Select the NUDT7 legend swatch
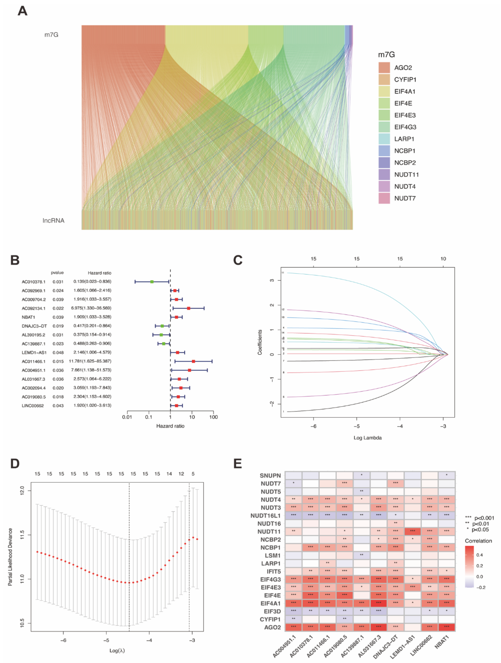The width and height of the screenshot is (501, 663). pos(384,198)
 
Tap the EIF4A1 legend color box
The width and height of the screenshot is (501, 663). pos(384,91)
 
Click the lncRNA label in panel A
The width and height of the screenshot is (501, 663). pos(53,220)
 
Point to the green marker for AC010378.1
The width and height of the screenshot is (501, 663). pos(152,282)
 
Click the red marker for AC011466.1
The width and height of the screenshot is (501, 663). pos(193,361)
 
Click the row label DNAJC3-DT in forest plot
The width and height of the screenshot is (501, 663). pos(34,326)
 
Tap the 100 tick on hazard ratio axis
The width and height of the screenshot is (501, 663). pos(213,417)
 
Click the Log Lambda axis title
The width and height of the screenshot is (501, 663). pos(367,438)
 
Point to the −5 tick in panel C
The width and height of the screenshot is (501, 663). pos(357,426)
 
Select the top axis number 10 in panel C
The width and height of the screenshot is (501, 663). pos(443,259)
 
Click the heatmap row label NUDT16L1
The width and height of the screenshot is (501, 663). pos(265,516)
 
